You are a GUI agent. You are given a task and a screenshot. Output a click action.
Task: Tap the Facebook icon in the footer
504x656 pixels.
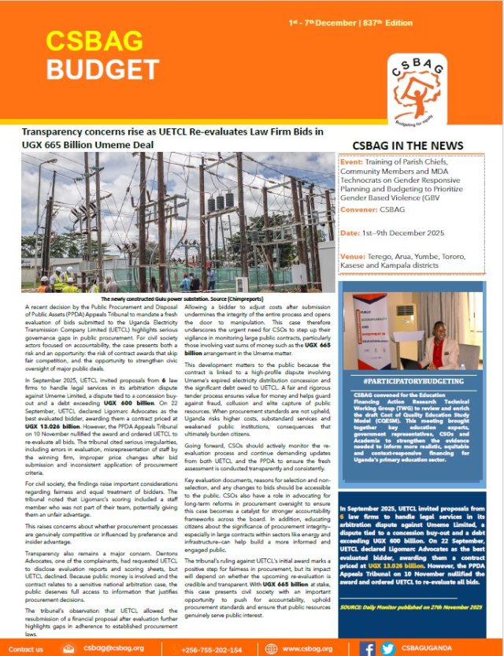(367, 649)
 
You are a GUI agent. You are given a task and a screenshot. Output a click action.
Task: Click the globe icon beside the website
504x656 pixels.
(269, 649)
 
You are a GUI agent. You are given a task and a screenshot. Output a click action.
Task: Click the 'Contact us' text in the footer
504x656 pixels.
(25, 650)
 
